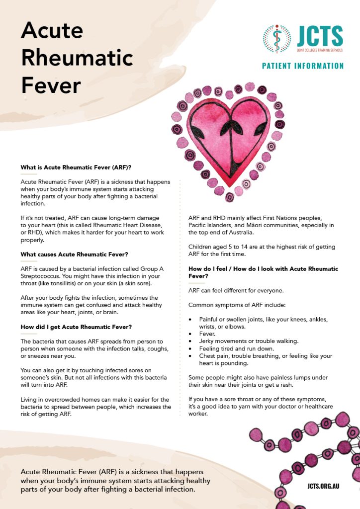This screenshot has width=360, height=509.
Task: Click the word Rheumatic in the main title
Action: click(x=77, y=59)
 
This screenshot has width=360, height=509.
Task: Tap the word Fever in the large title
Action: click(x=51, y=85)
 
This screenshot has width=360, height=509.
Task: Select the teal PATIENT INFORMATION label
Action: click(x=303, y=66)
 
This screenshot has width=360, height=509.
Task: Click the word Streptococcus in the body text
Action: click(x=42, y=276)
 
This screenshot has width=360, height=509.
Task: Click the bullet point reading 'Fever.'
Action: click(x=208, y=334)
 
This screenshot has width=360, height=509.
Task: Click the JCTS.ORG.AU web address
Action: click(x=323, y=485)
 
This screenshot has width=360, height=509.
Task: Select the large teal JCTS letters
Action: click(x=320, y=36)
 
